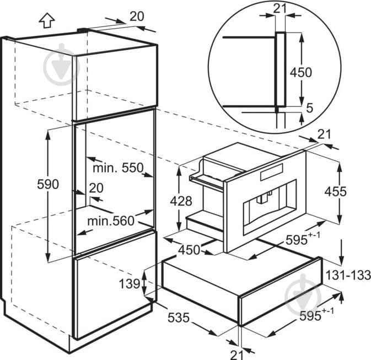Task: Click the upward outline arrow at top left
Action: point(47,20)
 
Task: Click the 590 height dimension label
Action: point(48,184)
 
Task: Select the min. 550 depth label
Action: point(118,168)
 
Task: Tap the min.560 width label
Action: point(111,221)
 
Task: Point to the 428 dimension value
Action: point(181,201)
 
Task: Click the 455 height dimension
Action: point(336,191)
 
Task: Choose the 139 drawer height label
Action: point(130,283)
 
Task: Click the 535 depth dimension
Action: point(179,318)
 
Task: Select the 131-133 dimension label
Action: point(348,275)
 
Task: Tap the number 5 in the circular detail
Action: point(309,108)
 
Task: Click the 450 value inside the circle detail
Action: point(301,72)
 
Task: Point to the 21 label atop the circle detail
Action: point(280,9)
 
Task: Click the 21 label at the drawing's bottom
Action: point(237,354)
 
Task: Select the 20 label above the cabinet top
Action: point(137,17)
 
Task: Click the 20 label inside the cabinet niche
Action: point(96,188)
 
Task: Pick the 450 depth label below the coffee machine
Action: point(189,250)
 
